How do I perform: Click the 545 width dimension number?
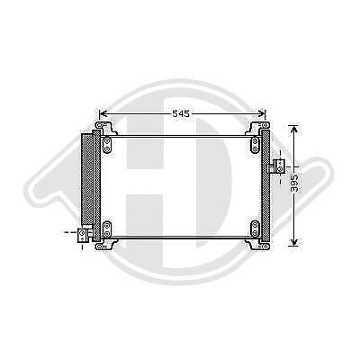tap(182, 114)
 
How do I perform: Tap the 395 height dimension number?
tap(294, 183)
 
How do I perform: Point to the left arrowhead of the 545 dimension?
tap(102, 114)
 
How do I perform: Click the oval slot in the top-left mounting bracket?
tap(107, 142)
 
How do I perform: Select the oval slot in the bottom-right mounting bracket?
tap(255, 226)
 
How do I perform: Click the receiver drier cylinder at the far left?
tap(88, 180)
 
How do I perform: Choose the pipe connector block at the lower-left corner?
tap(83, 234)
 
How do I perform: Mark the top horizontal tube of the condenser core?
tap(180, 135)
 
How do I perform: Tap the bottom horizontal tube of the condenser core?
tap(180, 236)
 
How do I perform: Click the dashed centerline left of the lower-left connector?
tap(69, 234)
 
